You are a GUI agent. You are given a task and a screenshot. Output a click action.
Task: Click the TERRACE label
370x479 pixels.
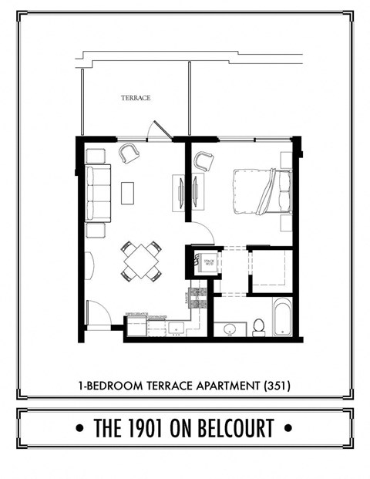point(135,98)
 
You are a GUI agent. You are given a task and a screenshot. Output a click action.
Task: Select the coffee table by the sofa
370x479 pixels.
point(127,192)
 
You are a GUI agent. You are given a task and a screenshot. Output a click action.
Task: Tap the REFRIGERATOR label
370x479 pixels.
point(136,314)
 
